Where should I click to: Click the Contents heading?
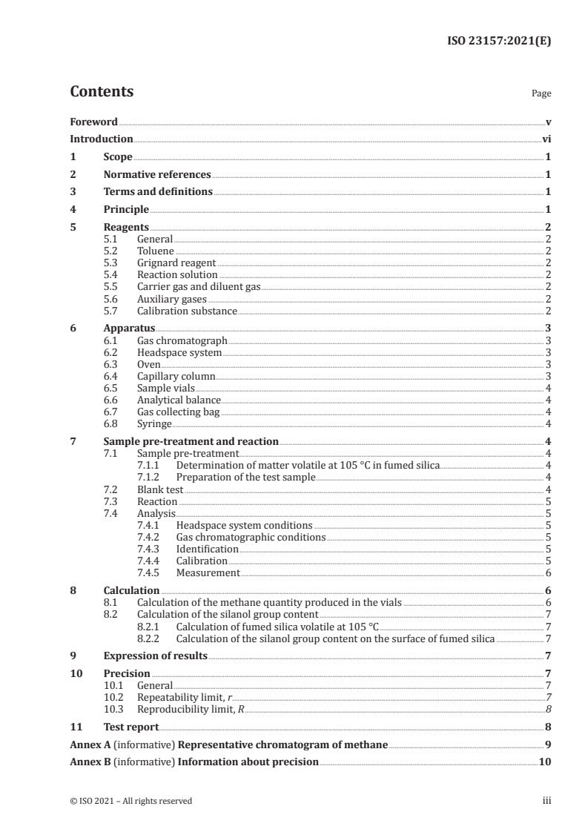102,92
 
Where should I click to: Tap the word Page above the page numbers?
541,94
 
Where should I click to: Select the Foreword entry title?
93,122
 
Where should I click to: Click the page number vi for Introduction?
546,139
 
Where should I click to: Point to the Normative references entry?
157,174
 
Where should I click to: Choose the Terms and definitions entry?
158,192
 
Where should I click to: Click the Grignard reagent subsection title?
176,263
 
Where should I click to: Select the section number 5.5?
110,286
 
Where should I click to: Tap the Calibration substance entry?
187,311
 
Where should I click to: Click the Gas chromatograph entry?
182,340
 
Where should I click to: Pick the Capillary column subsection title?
176,376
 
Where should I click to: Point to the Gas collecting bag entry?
179,412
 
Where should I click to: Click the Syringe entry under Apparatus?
154,423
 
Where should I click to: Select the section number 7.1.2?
151,477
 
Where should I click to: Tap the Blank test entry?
159,489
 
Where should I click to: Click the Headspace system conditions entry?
237,525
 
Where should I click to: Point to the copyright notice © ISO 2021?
131,801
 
